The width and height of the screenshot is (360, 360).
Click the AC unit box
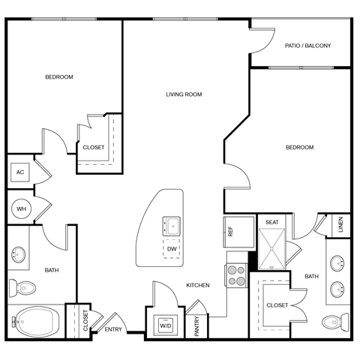click(x=20, y=172)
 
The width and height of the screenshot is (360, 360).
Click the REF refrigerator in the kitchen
click(x=230, y=232)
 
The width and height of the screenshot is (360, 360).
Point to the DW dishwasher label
click(x=172, y=249)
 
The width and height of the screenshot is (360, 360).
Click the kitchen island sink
click(x=172, y=224)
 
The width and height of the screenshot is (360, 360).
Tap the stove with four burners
click(x=236, y=276)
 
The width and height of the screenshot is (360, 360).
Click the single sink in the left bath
click(x=19, y=255)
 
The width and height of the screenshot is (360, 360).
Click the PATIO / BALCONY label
click(x=307, y=46)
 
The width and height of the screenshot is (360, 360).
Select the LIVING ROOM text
click(x=184, y=94)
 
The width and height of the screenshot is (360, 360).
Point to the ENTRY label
click(x=114, y=329)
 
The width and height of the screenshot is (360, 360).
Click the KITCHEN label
click(x=198, y=285)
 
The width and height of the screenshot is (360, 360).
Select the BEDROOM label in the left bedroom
click(x=59, y=77)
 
